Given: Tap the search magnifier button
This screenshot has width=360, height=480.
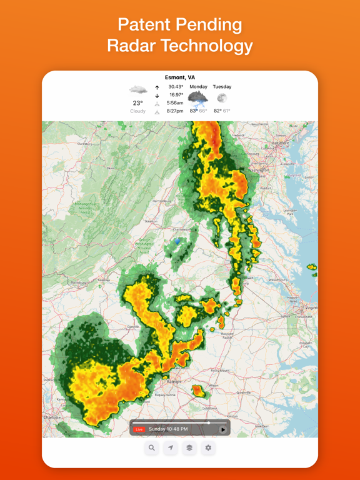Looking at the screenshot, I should point(152,447).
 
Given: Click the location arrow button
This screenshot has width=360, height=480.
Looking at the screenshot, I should point(171,447).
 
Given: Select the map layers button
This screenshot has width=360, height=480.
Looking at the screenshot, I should point(189,447).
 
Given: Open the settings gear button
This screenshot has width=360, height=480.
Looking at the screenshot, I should point(208,447).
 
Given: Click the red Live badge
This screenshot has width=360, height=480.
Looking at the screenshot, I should point(139,429).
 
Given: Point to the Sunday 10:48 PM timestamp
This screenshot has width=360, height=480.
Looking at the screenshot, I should point(168,429).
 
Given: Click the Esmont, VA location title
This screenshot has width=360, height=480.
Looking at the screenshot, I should point(180,77).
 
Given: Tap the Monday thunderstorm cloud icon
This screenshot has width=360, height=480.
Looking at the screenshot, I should point(198,97).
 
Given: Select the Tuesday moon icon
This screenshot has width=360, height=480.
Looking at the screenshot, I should point(222,98).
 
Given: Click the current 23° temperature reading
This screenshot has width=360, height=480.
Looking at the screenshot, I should point(137,103).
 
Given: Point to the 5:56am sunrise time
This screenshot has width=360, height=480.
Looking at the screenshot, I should point(175,103).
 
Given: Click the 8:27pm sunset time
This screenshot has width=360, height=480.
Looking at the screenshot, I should point(175,111).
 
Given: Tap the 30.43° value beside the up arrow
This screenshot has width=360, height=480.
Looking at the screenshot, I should point(176,87).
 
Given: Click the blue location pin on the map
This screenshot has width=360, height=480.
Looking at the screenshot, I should point(177,241).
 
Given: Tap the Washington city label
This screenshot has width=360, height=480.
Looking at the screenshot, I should point(258,170).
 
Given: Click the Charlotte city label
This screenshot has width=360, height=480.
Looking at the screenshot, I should point(52,417).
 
